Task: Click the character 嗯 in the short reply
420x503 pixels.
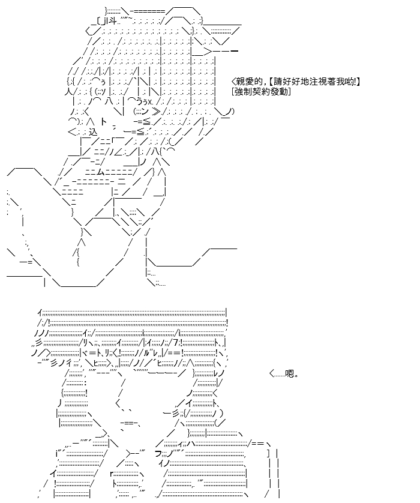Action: [x=290, y=373]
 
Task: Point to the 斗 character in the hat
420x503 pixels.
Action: [x=112, y=22]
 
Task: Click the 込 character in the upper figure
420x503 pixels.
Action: [x=92, y=131]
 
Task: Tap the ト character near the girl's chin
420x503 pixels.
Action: [x=104, y=122]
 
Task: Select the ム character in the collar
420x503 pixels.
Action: [x=101, y=172]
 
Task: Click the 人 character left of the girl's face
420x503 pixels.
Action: [x=68, y=92]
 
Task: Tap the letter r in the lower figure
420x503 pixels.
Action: [x=112, y=473]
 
